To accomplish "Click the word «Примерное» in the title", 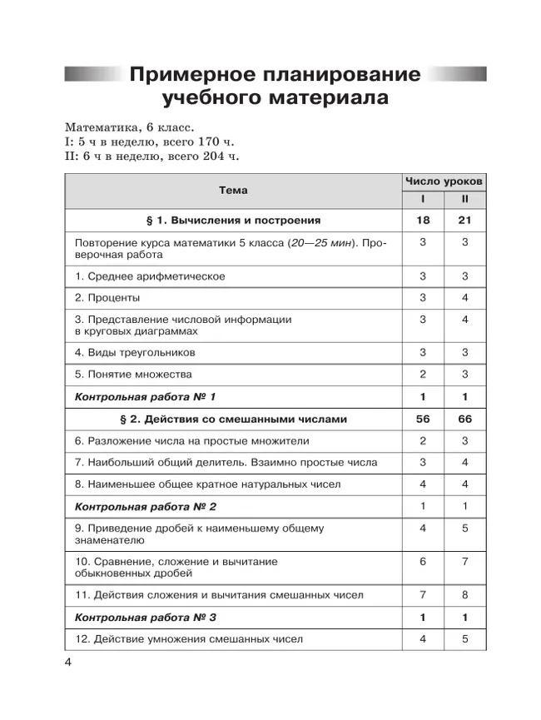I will (189, 74).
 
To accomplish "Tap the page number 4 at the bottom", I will (68, 662).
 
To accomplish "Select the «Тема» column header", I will (233, 190).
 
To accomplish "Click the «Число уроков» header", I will (444, 181).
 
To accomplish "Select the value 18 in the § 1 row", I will (423, 220).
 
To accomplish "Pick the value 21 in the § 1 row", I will (465, 220).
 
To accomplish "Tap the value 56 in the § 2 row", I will (423, 419).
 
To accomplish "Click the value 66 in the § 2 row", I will (465, 419).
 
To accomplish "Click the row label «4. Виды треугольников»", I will (135, 352).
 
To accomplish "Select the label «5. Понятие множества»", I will (133, 374).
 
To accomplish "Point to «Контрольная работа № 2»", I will (146, 506).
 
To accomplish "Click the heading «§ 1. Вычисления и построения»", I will (233, 220).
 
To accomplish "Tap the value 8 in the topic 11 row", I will (465, 594).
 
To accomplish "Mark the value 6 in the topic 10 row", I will (423, 561).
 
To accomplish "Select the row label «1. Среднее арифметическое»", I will (150, 276).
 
